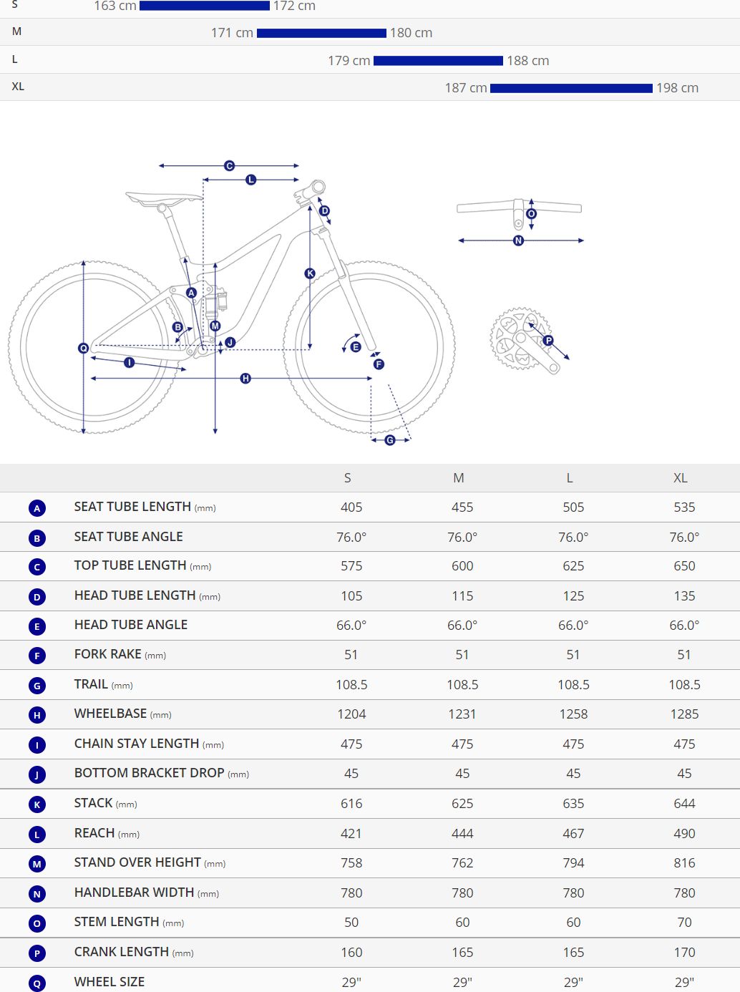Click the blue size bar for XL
[571, 88]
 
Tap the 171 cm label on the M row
[232, 33]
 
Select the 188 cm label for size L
[528, 61]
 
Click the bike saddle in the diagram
[163, 197]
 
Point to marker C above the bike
[229, 166]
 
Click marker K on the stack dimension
[310, 273]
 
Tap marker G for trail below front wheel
[390, 440]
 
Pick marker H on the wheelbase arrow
[245, 378]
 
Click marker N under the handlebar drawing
[519, 240]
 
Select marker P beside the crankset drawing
[548, 341]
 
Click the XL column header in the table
[680, 478]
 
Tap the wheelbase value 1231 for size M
[462, 714]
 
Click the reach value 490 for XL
[684, 833]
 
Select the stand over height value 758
[351, 863]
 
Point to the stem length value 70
[684, 923]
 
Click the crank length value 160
[351, 953]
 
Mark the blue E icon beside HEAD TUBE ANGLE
[37, 626]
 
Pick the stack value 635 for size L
[573, 804]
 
